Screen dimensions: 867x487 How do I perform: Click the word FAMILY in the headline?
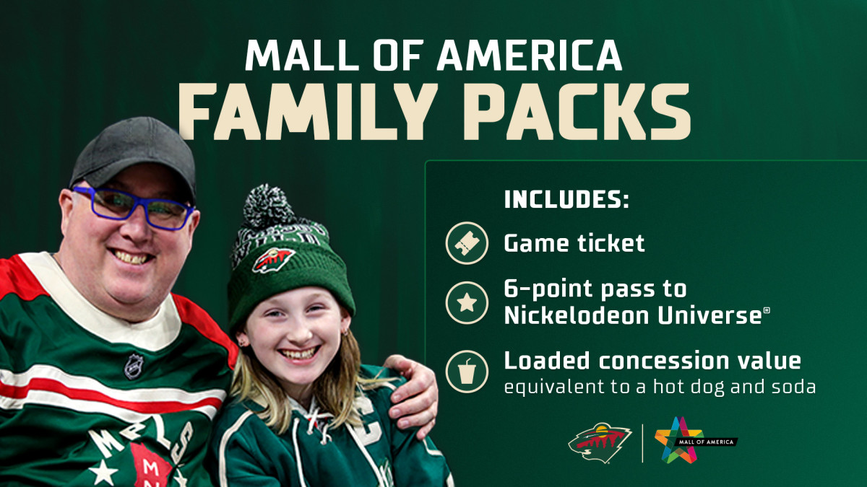click(308, 112)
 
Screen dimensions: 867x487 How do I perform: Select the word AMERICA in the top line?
click(530, 55)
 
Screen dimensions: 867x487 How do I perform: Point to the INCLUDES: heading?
click(566, 199)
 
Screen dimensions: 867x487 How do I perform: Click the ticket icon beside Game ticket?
click(467, 243)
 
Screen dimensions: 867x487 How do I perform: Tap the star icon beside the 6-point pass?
click(467, 302)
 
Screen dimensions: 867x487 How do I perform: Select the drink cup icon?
click(467, 372)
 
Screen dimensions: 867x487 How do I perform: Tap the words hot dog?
click(689, 387)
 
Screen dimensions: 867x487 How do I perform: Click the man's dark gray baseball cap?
click(134, 154)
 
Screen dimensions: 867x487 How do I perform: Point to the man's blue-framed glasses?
click(133, 208)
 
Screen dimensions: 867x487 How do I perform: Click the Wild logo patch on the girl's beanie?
click(274, 260)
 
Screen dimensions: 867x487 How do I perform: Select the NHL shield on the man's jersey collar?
click(134, 366)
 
